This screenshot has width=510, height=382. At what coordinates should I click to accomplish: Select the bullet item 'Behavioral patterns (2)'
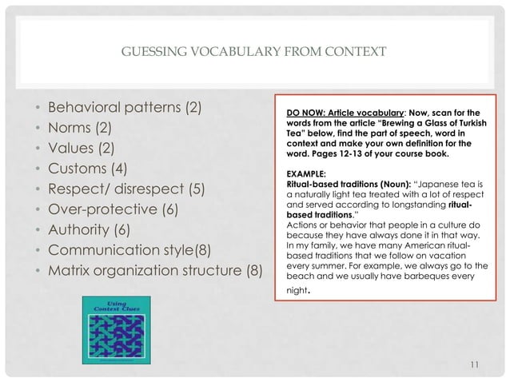pyautogui.click(x=126, y=107)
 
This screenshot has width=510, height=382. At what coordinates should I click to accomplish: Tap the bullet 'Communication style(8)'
pyautogui.click(x=131, y=253)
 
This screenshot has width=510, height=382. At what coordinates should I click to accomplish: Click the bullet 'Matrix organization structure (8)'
pyautogui.click(x=156, y=274)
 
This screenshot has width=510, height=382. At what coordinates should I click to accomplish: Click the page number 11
pyautogui.click(x=474, y=365)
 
